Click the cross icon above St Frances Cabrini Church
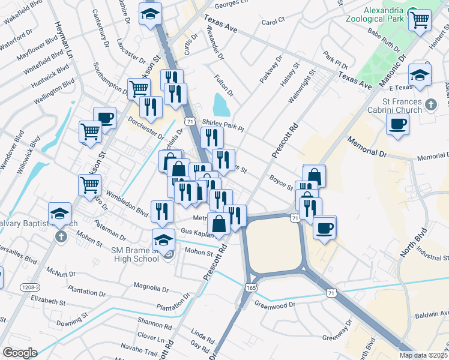[x=430, y=106]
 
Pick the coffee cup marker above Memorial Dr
[x=397, y=125]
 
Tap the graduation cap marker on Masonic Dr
[x=420, y=75]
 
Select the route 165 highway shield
[x=249, y=288]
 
